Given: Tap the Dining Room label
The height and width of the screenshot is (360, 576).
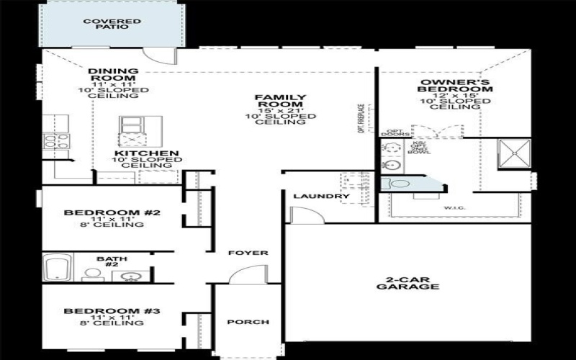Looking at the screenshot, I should click(114, 75).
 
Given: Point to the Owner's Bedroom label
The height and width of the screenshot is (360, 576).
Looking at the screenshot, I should click(456, 86).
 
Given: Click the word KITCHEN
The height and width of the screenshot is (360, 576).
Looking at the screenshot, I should click(146, 154).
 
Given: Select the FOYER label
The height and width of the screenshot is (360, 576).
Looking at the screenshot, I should click(248, 253).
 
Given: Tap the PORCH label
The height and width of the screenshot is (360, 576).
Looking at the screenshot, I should click(248, 322).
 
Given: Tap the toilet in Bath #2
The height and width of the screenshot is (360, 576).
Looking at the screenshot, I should click(92, 274).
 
